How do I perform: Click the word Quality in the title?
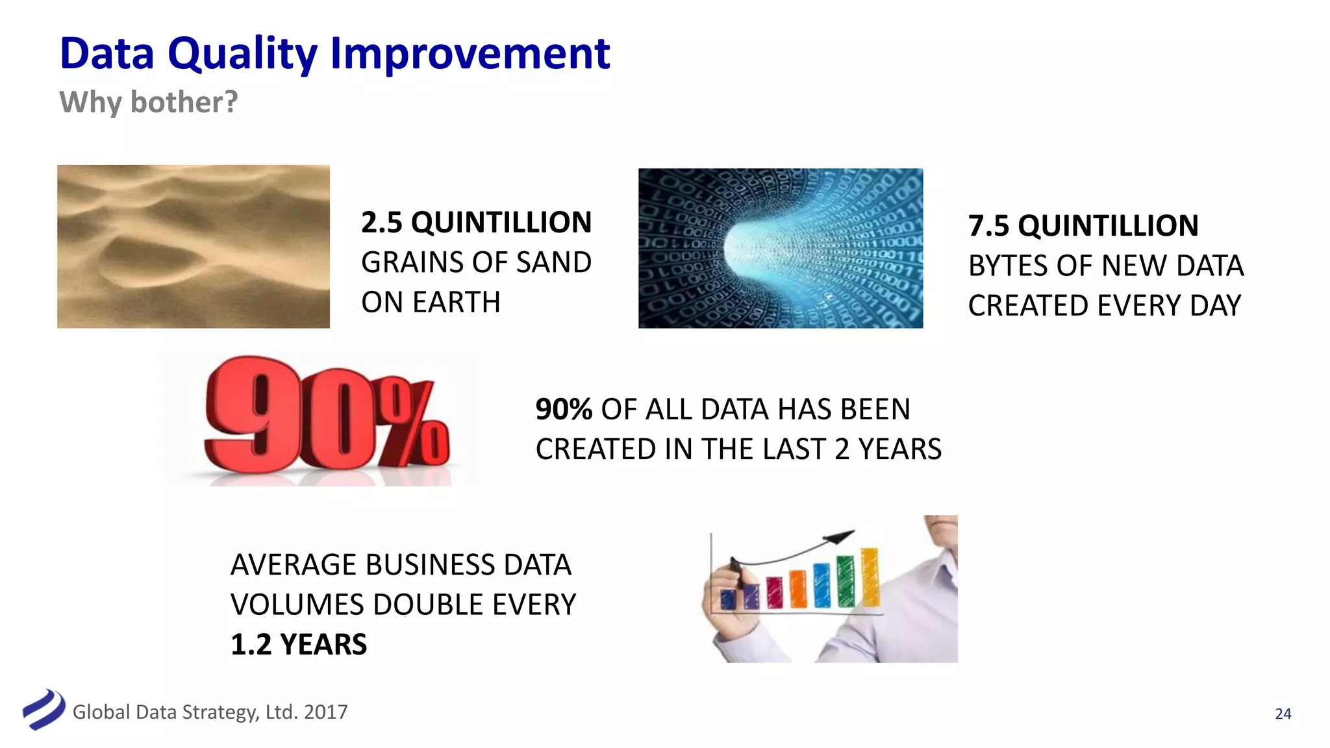242,55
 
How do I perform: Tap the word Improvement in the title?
470,55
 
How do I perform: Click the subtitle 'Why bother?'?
149,103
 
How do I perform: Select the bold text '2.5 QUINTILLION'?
476,223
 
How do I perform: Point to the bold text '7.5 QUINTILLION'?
1083,226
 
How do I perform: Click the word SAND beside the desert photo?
553,263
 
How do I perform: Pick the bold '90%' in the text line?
563,410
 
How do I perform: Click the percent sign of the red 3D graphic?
416,425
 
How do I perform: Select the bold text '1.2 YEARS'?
299,645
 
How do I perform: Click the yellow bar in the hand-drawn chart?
870,577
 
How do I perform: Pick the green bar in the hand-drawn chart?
845,582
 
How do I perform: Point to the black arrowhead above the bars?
839,538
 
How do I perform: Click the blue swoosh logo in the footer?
44,710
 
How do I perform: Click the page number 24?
1283,714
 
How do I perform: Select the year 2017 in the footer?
325,712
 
